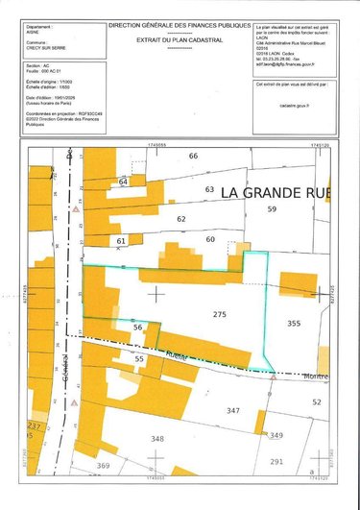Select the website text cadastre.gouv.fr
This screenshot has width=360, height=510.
pos(293,109)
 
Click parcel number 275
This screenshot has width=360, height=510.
pos(220,315)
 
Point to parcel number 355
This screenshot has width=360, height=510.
pos(293,325)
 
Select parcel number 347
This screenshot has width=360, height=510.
pos(232,410)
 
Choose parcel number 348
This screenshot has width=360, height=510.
pos(157,439)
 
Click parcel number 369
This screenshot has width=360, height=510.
pos(104,466)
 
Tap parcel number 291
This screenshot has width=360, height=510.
pos(276,462)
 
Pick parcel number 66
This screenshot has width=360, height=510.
pos(193,156)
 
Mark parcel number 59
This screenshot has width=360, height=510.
pos(272,208)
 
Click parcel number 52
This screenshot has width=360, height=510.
pos(316,401)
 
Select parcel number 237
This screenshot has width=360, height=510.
pos(35,425)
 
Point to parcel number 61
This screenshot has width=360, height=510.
pos(120,240)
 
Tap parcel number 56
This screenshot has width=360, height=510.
pos(137,328)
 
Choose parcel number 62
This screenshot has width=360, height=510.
pos(180,219)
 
